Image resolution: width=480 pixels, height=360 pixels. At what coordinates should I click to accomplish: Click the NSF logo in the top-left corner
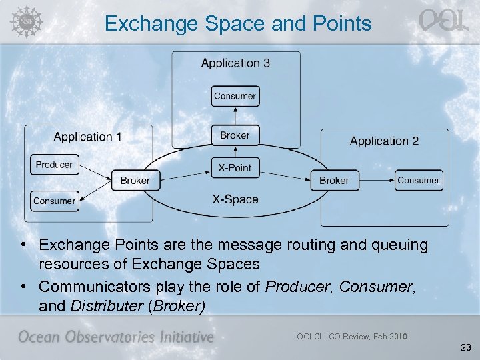[x=25, y=20]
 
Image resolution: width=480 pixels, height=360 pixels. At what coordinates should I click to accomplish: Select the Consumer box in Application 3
[x=235, y=96]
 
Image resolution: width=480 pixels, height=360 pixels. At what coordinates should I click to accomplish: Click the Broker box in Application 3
[x=235, y=135]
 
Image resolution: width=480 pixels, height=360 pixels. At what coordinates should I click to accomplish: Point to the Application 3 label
[x=235, y=63]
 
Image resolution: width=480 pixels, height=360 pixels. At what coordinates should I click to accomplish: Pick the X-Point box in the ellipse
[x=235, y=167]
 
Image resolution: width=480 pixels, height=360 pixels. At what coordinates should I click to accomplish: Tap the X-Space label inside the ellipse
[x=235, y=199]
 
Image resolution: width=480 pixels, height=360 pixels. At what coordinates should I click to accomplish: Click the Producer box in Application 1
[x=54, y=165]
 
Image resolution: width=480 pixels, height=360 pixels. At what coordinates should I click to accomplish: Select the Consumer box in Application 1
[x=54, y=201]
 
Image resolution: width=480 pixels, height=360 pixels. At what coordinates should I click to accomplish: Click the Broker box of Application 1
[x=135, y=181]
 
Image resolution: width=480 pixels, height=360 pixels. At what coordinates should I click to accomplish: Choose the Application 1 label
[x=87, y=137]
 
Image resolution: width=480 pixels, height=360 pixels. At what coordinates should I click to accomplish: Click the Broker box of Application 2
[x=334, y=181]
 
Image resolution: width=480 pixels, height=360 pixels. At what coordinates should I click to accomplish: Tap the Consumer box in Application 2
[x=418, y=180]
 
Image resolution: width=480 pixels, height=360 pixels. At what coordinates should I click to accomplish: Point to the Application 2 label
[x=384, y=141]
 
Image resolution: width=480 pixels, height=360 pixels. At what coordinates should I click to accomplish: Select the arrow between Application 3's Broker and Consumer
[x=235, y=116]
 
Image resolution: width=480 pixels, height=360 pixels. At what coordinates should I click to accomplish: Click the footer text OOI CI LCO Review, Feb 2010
[x=351, y=336]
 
